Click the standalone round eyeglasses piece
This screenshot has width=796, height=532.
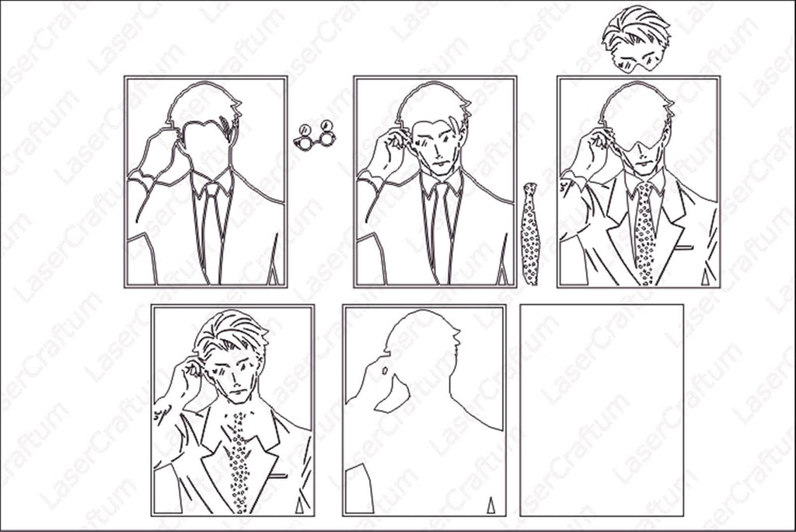click(x=315, y=135)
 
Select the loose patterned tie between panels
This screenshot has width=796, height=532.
click(x=530, y=234)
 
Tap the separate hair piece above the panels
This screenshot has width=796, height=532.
click(x=636, y=39)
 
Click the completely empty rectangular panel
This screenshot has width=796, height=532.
click(x=602, y=410)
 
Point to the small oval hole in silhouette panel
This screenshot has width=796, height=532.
click(x=385, y=371)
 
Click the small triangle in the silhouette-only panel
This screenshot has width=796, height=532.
click(x=491, y=506)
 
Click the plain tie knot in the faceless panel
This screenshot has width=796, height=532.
click(x=212, y=191)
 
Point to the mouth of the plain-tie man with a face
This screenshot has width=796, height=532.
click(x=439, y=163)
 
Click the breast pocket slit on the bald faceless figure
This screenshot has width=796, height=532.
click(x=684, y=248)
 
